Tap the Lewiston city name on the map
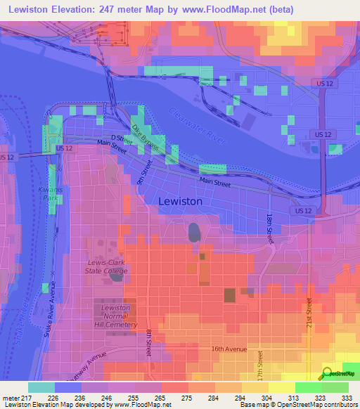[x=180, y=202]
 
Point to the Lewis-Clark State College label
[x=103, y=267]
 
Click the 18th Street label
[x=269, y=228]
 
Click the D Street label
[x=122, y=138]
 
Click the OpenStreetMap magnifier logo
[x=327, y=374]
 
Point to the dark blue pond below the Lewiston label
[x=193, y=231]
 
